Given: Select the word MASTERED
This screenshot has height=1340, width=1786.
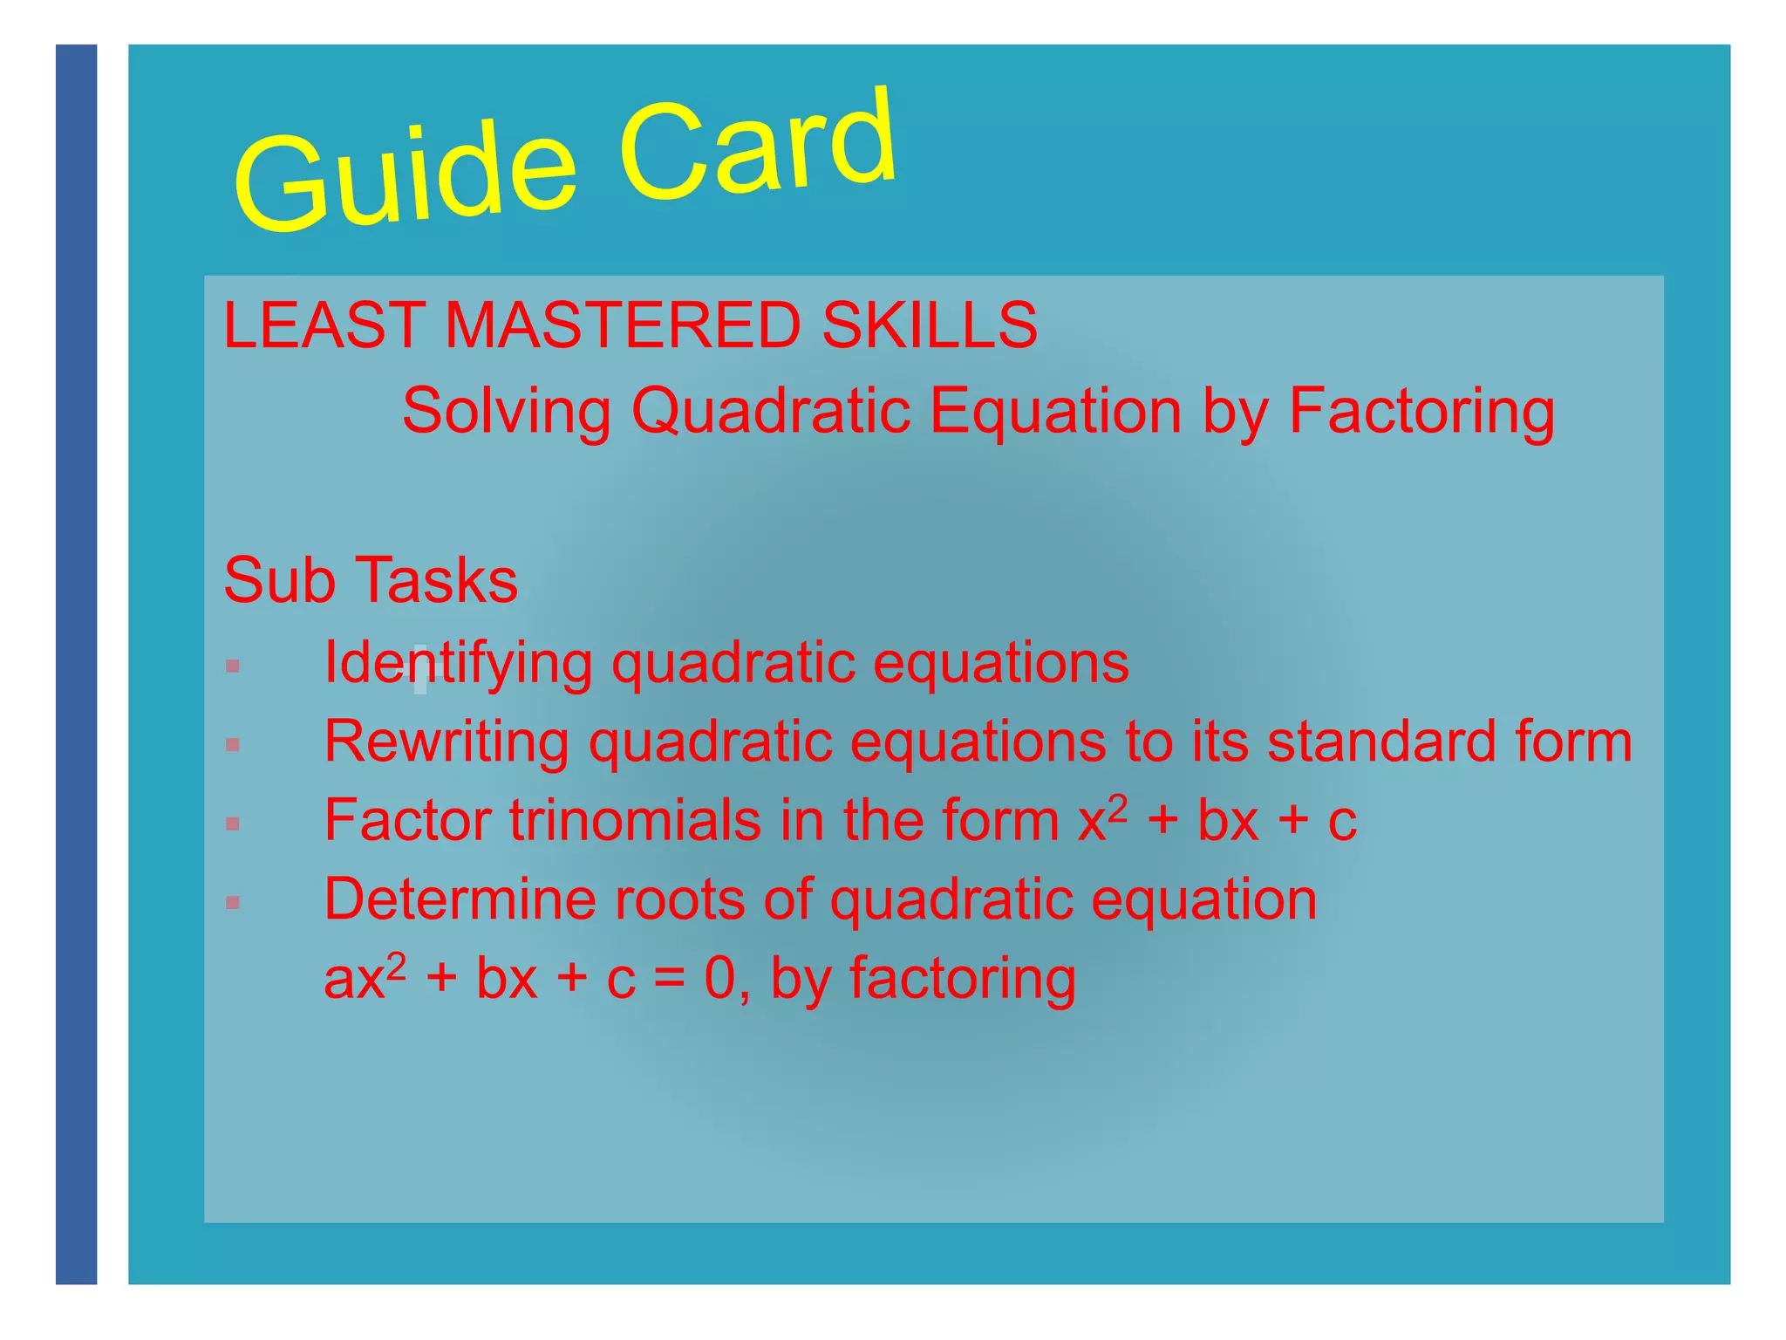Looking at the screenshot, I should coord(623,325).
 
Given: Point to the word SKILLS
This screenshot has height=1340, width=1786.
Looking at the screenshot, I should coord(930,325).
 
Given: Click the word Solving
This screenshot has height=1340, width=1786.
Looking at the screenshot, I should coord(506,410).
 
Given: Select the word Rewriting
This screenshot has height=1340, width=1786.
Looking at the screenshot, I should coord(446,742).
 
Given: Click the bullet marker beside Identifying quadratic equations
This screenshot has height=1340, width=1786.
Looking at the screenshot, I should coord(232,667).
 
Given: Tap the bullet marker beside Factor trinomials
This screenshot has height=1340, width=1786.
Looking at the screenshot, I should coord(232,824).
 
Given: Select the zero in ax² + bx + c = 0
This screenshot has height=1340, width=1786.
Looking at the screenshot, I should coord(720,979).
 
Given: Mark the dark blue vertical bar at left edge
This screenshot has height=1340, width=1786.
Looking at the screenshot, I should coord(77,663).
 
